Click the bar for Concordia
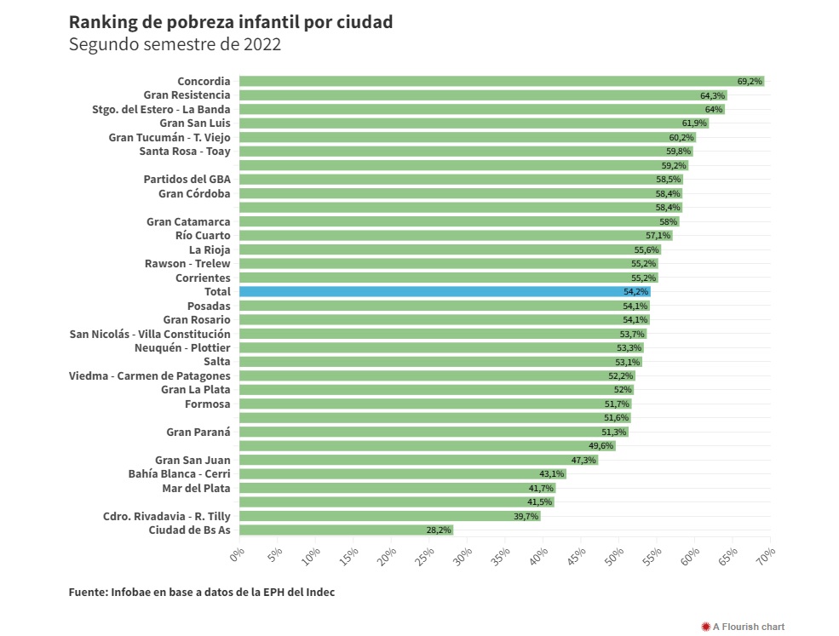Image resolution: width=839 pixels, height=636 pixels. (x=501, y=81)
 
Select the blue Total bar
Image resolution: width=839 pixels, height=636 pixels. (x=443, y=291)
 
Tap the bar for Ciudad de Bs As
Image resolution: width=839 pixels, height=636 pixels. (x=346, y=530)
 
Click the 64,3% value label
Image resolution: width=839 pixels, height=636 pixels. (x=712, y=95)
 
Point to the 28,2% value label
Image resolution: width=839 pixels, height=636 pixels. (x=438, y=530)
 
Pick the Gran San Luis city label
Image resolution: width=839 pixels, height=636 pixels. (x=195, y=123)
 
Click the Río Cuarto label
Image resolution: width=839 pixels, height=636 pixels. (x=203, y=235)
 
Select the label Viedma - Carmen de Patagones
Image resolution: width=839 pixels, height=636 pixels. (x=150, y=375)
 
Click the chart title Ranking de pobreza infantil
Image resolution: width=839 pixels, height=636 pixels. (x=231, y=22)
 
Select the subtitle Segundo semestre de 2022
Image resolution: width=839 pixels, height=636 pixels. (x=175, y=44)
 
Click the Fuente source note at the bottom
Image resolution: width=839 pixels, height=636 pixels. (x=202, y=593)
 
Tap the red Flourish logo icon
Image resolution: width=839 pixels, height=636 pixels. (x=705, y=627)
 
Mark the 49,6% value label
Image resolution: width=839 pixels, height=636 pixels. (x=601, y=446)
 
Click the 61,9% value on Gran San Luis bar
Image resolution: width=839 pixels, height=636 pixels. (x=694, y=123)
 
